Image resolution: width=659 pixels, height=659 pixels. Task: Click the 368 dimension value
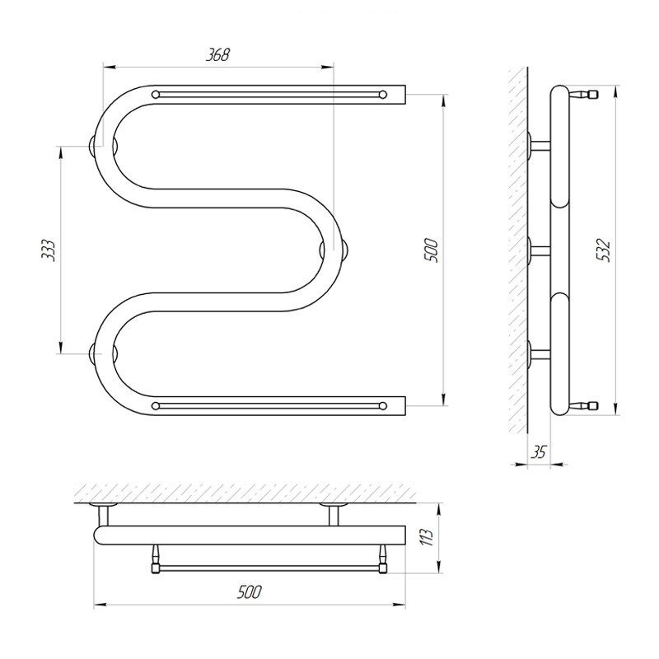click(217, 54)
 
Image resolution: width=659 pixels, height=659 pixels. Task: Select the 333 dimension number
click(49, 250)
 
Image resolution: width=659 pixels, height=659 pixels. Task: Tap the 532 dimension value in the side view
click(604, 250)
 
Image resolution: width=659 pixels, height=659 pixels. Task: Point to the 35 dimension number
click(539, 451)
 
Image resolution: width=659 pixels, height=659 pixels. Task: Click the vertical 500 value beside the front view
click(431, 250)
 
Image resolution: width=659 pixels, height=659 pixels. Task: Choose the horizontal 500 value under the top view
click(250, 591)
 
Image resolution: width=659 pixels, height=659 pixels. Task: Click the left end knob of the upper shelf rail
click(156, 95)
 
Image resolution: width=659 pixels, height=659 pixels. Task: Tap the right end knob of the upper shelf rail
click(382, 95)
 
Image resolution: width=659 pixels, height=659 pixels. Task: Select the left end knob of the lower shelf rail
click(156, 406)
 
